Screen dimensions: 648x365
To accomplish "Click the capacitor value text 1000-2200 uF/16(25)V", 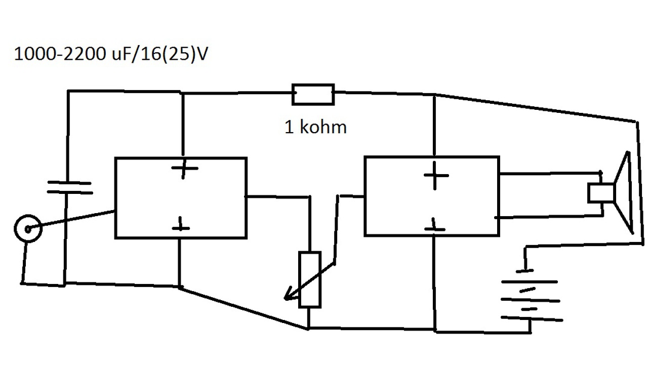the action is tap(111, 55).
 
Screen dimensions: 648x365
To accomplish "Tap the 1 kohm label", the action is tap(315, 127).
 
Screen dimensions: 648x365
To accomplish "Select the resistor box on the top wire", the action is tap(313, 94).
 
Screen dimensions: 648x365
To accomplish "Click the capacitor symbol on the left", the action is tap(69, 187).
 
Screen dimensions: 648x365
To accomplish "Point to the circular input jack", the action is tap(27, 229).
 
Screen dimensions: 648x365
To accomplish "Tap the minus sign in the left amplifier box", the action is tap(180, 227).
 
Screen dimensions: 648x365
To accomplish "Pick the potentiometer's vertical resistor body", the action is tap(309, 279).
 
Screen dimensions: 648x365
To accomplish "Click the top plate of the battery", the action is tap(529, 281).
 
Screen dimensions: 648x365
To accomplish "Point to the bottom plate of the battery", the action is tap(532, 319).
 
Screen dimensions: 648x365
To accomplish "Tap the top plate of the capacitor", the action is tap(69, 182).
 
